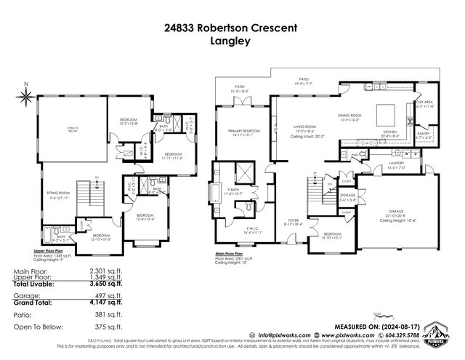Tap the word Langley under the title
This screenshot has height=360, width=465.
point(232,42)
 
